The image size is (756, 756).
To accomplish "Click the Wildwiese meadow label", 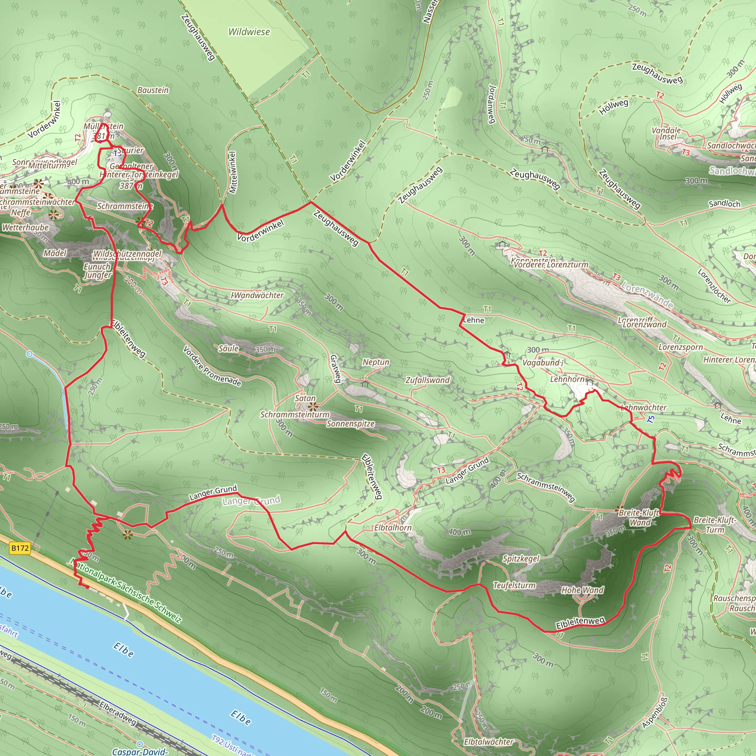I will pyautogui.click(x=249, y=32).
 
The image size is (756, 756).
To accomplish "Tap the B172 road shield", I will pyautogui.click(x=20, y=548).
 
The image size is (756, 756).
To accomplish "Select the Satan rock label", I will pyautogui.click(x=305, y=398).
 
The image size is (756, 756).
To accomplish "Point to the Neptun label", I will pyautogui.click(x=376, y=362).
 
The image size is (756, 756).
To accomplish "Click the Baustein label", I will pyautogui.click(x=152, y=90).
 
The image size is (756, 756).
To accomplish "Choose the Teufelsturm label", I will pyautogui.click(x=514, y=585).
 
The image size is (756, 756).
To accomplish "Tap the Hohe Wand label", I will pyautogui.click(x=582, y=590).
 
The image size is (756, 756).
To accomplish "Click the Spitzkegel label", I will pyautogui.click(x=521, y=559).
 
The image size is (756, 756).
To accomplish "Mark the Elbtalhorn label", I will pyautogui.click(x=392, y=528).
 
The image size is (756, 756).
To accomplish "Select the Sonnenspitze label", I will pyautogui.click(x=351, y=424).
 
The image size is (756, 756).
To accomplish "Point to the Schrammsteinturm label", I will pyautogui.click(x=295, y=415).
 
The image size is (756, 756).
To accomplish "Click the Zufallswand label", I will pyautogui.click(x=427, y=380).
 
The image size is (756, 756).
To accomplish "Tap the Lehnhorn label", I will pyautogui.click(x=567, y=379).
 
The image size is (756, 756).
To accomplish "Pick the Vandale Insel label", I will pyautogui.click(x=666, y=133).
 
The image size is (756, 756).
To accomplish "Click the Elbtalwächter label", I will pyautogui.click(x=488, y=742).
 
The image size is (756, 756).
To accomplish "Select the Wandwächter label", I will pyautogui.click(x=258, y=295).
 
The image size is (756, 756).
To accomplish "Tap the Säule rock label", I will pyautogui.click(x=228, y=348).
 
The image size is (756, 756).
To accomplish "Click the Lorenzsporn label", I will pyautogui.click(x=680, y=347).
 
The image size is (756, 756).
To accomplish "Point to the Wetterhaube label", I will pyautogui.click(x=25, y=227).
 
